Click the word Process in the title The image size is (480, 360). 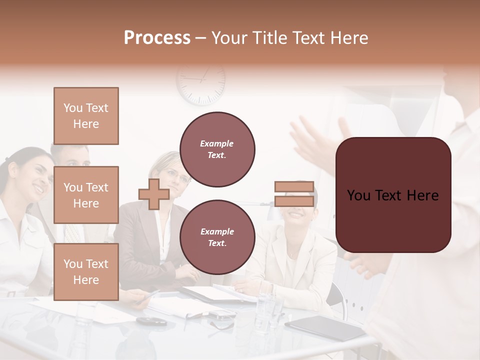coord(157,38)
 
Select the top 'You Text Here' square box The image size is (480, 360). coord(86,116)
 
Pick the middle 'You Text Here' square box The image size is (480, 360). coord(86,195)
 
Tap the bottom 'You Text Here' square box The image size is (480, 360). coord(86,272)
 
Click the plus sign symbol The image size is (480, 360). coord(154,194)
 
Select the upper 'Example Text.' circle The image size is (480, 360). coord(217,149)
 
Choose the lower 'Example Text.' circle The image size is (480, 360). coord(217,237)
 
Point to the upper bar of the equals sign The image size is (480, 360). coord(294,187)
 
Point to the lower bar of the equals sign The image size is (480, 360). coord(294,201)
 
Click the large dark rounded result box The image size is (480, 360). coord(393,195)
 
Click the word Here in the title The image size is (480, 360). coord(350,38)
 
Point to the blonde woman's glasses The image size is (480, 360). coord(178,175)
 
